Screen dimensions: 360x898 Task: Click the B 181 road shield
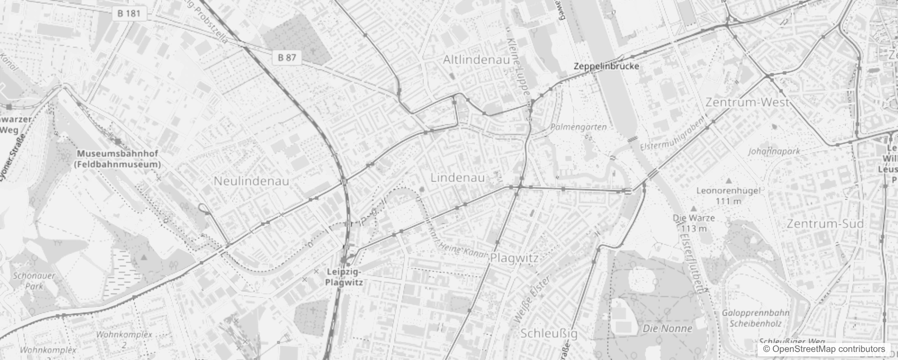click(x=129, y=13)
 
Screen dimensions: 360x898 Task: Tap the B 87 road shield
click(x=287, y=57)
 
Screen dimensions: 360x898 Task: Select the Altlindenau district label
click(x=476, y=60)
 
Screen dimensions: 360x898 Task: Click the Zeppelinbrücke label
click(x=606, y=66)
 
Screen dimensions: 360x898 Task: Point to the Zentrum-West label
click(x=747, y=102)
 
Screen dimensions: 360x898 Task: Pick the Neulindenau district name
click(x=251, y=181)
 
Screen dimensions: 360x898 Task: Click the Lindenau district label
click(x=458, y=178)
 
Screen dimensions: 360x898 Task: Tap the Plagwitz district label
click(x=514, y=258)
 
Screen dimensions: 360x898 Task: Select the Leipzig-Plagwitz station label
click(x=344, y=277)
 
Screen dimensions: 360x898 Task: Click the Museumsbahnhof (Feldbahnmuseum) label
click(x=117, y=159)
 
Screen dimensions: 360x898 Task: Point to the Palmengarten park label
click(x=578, y=127)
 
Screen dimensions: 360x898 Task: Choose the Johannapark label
click(x=774, y=151)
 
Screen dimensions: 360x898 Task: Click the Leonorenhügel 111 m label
click(x=728, y=196)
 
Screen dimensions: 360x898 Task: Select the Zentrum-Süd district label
click(x=825, y=224)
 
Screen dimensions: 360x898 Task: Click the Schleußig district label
click(x=548, y=333)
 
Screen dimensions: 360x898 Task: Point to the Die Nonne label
click(x=667, y=328)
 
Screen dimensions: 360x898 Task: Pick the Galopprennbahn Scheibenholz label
click(x=749, y=318)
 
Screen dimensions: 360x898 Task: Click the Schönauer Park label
click(x=34, y=281)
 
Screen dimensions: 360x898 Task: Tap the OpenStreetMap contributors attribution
click(x=824, y=349)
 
